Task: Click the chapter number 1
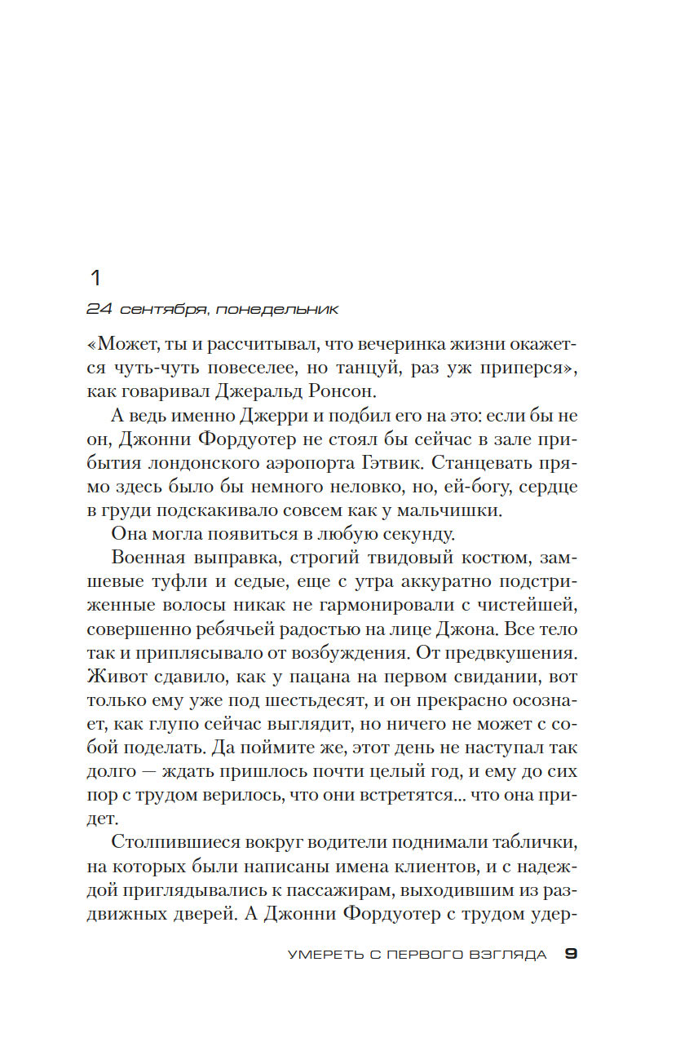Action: (95, 278)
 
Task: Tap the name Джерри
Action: (273, 417)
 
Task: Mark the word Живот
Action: (110, 677)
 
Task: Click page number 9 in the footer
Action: (571, 955)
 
